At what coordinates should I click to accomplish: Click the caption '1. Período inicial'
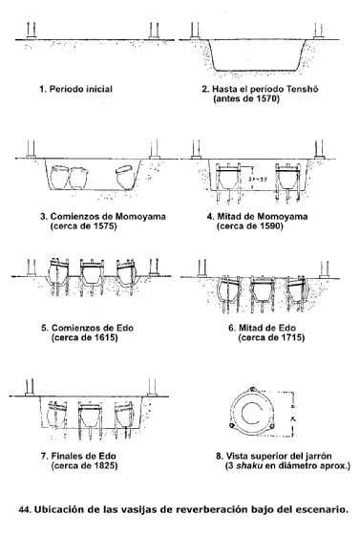[x=75, y=90]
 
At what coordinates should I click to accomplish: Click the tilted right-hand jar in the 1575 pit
[x=125, y=177]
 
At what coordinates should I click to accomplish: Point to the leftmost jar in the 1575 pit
[x=59, y=177]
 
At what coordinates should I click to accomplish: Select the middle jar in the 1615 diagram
[x=92, y=273]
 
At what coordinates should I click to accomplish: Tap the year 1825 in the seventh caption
[x=106, y=466]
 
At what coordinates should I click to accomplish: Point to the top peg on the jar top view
[x=252, y=390]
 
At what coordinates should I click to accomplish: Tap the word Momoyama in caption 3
[x=140, y=216]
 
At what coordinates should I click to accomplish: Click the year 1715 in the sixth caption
[x=292, y=338]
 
